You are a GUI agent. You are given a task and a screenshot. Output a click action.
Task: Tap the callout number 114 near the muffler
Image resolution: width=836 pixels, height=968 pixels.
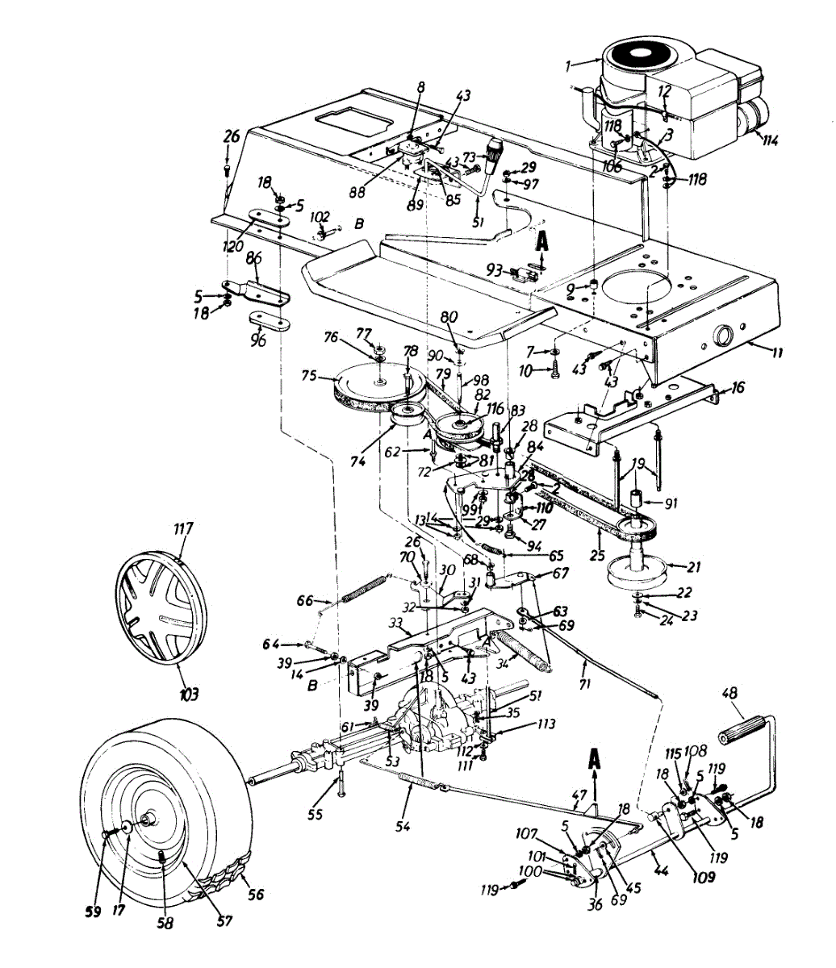[x=770, y=139]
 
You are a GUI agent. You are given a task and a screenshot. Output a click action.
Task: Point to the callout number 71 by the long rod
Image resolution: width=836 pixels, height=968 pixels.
[x=585, y=684]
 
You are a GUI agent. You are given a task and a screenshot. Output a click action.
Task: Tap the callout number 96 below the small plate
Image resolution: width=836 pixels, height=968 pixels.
[x=257, y=341]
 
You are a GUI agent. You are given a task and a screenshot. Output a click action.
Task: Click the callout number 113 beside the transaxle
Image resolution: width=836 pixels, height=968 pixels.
[x=546, y=724]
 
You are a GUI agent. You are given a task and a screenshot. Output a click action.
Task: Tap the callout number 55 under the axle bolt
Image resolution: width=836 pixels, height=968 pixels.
[x=315, y=815]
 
